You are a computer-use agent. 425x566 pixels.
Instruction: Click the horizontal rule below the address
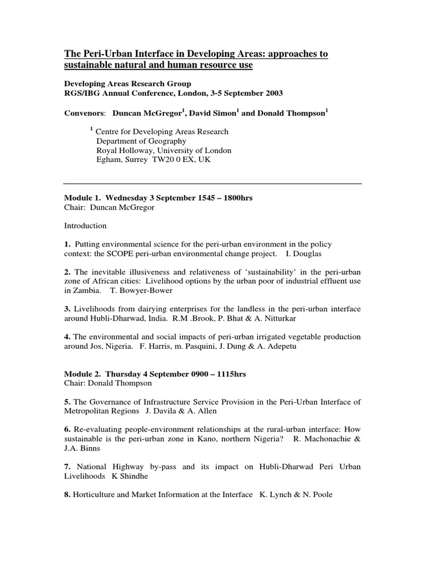click(x=212, y=184)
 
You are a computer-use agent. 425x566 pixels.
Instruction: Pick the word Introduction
click(x=85, y=226)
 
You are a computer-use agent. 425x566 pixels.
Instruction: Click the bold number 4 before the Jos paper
click(x=67, y=337)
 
